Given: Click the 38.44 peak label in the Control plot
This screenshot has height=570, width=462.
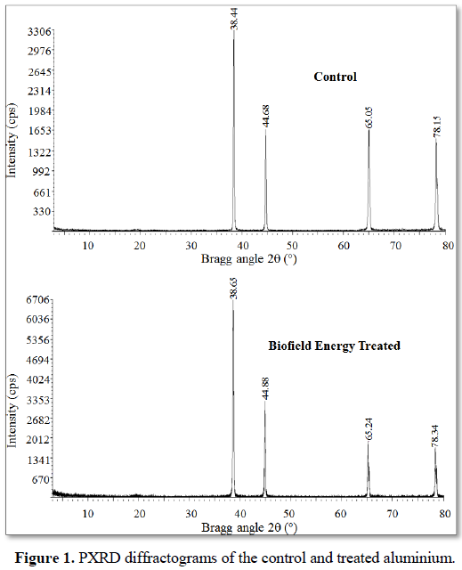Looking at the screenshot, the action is [234, 19].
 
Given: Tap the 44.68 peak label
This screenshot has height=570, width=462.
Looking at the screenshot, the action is [266, 116].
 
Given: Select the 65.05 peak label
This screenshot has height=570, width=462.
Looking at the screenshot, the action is [369, 118].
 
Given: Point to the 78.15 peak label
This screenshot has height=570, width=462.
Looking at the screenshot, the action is [437, 126].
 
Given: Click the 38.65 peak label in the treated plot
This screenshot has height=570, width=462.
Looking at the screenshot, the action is [233, 289].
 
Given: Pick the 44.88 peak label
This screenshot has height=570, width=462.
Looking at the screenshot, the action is [265, 388].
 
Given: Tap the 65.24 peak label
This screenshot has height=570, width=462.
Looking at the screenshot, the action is [369, 429].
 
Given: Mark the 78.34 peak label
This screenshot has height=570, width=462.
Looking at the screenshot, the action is [434, 436].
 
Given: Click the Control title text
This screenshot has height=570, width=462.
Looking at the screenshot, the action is [336, 77].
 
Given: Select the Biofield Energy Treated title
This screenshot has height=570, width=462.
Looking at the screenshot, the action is [334, 346].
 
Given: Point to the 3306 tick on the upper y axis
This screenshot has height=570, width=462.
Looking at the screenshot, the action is [39, 32].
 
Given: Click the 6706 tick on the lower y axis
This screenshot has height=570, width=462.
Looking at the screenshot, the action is [37, 300].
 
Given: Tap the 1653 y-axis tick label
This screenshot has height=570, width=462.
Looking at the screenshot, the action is [39, 131].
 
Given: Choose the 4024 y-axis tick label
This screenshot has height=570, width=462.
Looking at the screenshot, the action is [37, 380].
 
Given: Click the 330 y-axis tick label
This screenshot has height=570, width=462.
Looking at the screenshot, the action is [42, 211].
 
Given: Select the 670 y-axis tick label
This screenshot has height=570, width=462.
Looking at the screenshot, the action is [41, 480].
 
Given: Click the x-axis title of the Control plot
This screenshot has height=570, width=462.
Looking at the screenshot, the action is [249, 259].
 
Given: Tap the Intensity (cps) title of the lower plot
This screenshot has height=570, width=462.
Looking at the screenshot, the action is [12, 411].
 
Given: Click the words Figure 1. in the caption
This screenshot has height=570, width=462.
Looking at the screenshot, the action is [45, 558].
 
